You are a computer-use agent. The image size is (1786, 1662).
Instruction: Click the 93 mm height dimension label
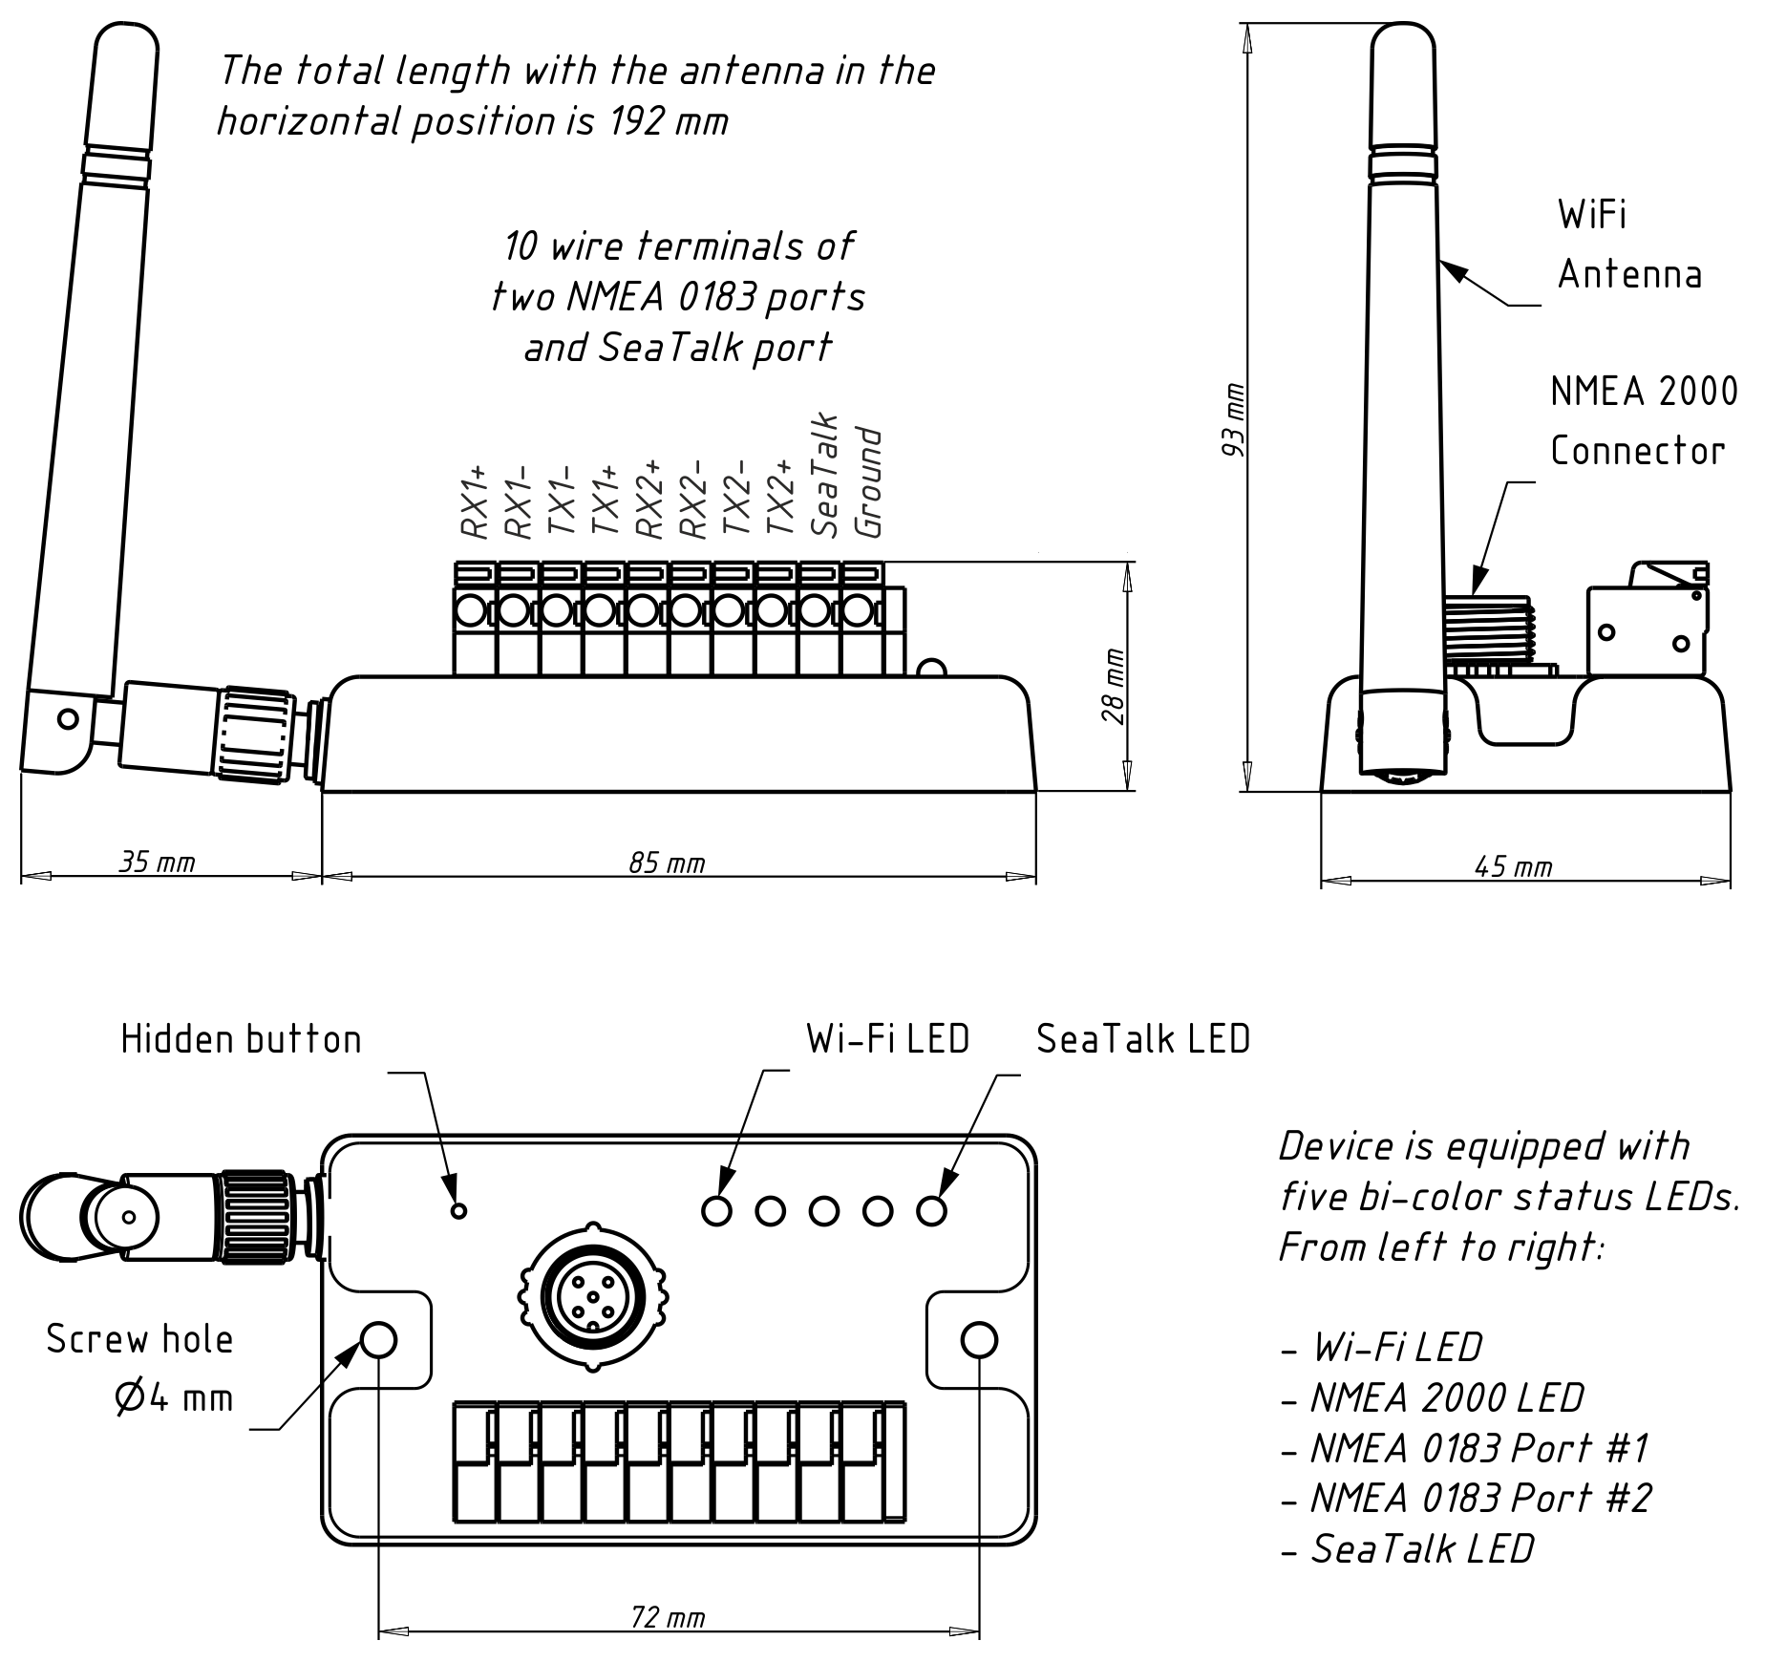pos(1233,419)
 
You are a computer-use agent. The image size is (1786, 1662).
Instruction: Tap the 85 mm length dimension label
pos(667,863)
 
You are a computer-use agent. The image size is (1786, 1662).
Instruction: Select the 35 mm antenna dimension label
pos(157,863)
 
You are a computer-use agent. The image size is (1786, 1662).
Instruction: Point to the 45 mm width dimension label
pos(1513,866)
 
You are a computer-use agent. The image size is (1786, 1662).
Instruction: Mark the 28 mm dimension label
pos(1114,686)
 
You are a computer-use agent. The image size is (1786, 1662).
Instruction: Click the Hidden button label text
pos(241,1039)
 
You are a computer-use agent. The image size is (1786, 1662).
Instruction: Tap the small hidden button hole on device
pos(458,1211)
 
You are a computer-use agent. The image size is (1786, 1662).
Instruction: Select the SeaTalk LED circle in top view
pos(931,1211)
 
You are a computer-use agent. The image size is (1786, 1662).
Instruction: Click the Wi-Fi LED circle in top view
pos(716,1211)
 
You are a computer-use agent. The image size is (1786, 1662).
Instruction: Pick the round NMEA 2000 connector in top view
pos(594,1296)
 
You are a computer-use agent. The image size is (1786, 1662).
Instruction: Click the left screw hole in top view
pos(380,1339)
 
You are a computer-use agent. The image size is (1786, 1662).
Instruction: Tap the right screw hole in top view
pos(979,1339)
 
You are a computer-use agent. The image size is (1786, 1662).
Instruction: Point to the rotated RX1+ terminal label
pos(475,501)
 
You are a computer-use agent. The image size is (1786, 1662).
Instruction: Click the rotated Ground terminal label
pos(867,482)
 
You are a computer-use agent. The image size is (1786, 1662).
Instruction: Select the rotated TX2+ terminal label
pos(780,497)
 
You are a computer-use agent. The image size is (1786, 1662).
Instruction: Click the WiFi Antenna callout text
pos(1628,245)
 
